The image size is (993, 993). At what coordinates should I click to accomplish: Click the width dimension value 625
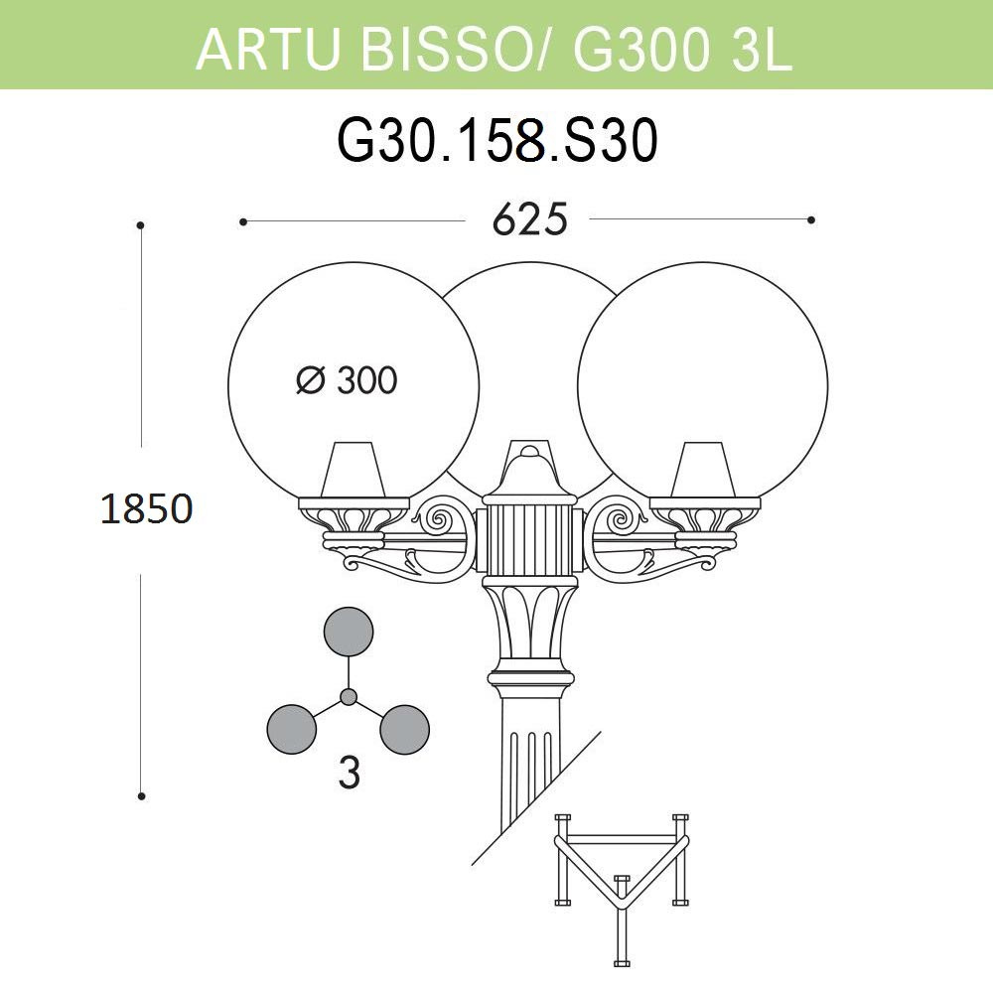point(529,220)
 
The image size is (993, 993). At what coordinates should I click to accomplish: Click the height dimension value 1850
point(145,508)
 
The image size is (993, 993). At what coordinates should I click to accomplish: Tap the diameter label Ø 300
point(347,380)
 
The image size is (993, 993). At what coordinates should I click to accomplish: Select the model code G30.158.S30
point(497,142)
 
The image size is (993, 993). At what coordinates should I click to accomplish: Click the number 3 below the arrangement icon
point(348,774)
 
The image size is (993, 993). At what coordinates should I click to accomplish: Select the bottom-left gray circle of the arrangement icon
point(292,729)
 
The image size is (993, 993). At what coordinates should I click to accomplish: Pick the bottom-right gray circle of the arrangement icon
point(405,729)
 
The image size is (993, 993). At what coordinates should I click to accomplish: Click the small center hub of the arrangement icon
point(349,697)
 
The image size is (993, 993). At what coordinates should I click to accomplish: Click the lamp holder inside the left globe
point(354,468)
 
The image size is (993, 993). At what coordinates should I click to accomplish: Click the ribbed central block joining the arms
point(528,541)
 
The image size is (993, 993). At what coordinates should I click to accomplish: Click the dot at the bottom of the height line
point(142,795)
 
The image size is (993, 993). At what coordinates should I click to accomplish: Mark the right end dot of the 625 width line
point(811,220)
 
